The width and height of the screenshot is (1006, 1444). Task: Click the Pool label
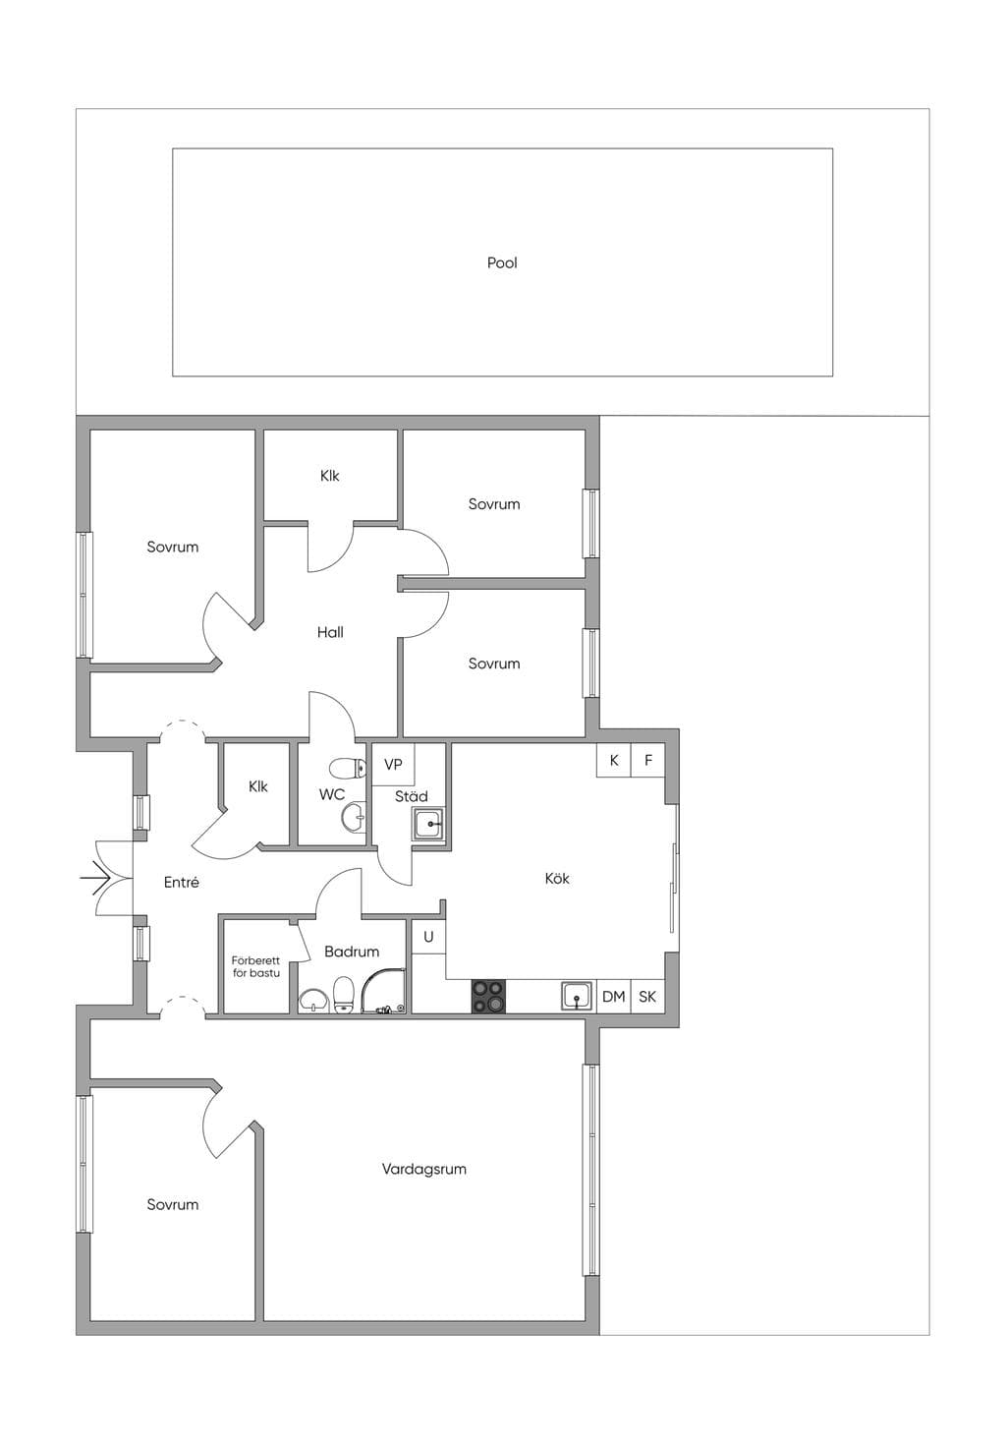click(x=501, y=263)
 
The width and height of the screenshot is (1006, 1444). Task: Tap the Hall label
click(x=330, y=632)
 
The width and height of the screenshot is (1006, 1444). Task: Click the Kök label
click(x=557, y=879)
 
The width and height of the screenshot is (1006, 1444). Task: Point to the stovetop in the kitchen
click(x=488, y=997)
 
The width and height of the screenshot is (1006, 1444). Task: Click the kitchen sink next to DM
click(x=576, y=997)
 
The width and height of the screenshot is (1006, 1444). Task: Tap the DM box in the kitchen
click(x=614, y=997)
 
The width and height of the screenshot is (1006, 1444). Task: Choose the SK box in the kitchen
click(x=647, y=997)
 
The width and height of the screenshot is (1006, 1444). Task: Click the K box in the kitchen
click(x=614, y=760)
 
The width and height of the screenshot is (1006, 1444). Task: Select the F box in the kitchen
click(x=647, y=760)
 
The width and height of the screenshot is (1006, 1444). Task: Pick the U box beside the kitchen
click(x=428, y=937)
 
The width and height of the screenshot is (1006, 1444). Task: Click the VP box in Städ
click(x=393, y=765)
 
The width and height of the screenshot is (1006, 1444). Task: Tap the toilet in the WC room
click(x=348, y=769)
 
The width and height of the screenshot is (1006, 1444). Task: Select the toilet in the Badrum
click(x=344, y=996)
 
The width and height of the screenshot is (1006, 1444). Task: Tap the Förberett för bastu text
click(x=255, y=967)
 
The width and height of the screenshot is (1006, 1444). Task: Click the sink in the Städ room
click(x=428, y=824)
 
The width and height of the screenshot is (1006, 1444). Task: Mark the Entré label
click(x=181, y=883)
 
